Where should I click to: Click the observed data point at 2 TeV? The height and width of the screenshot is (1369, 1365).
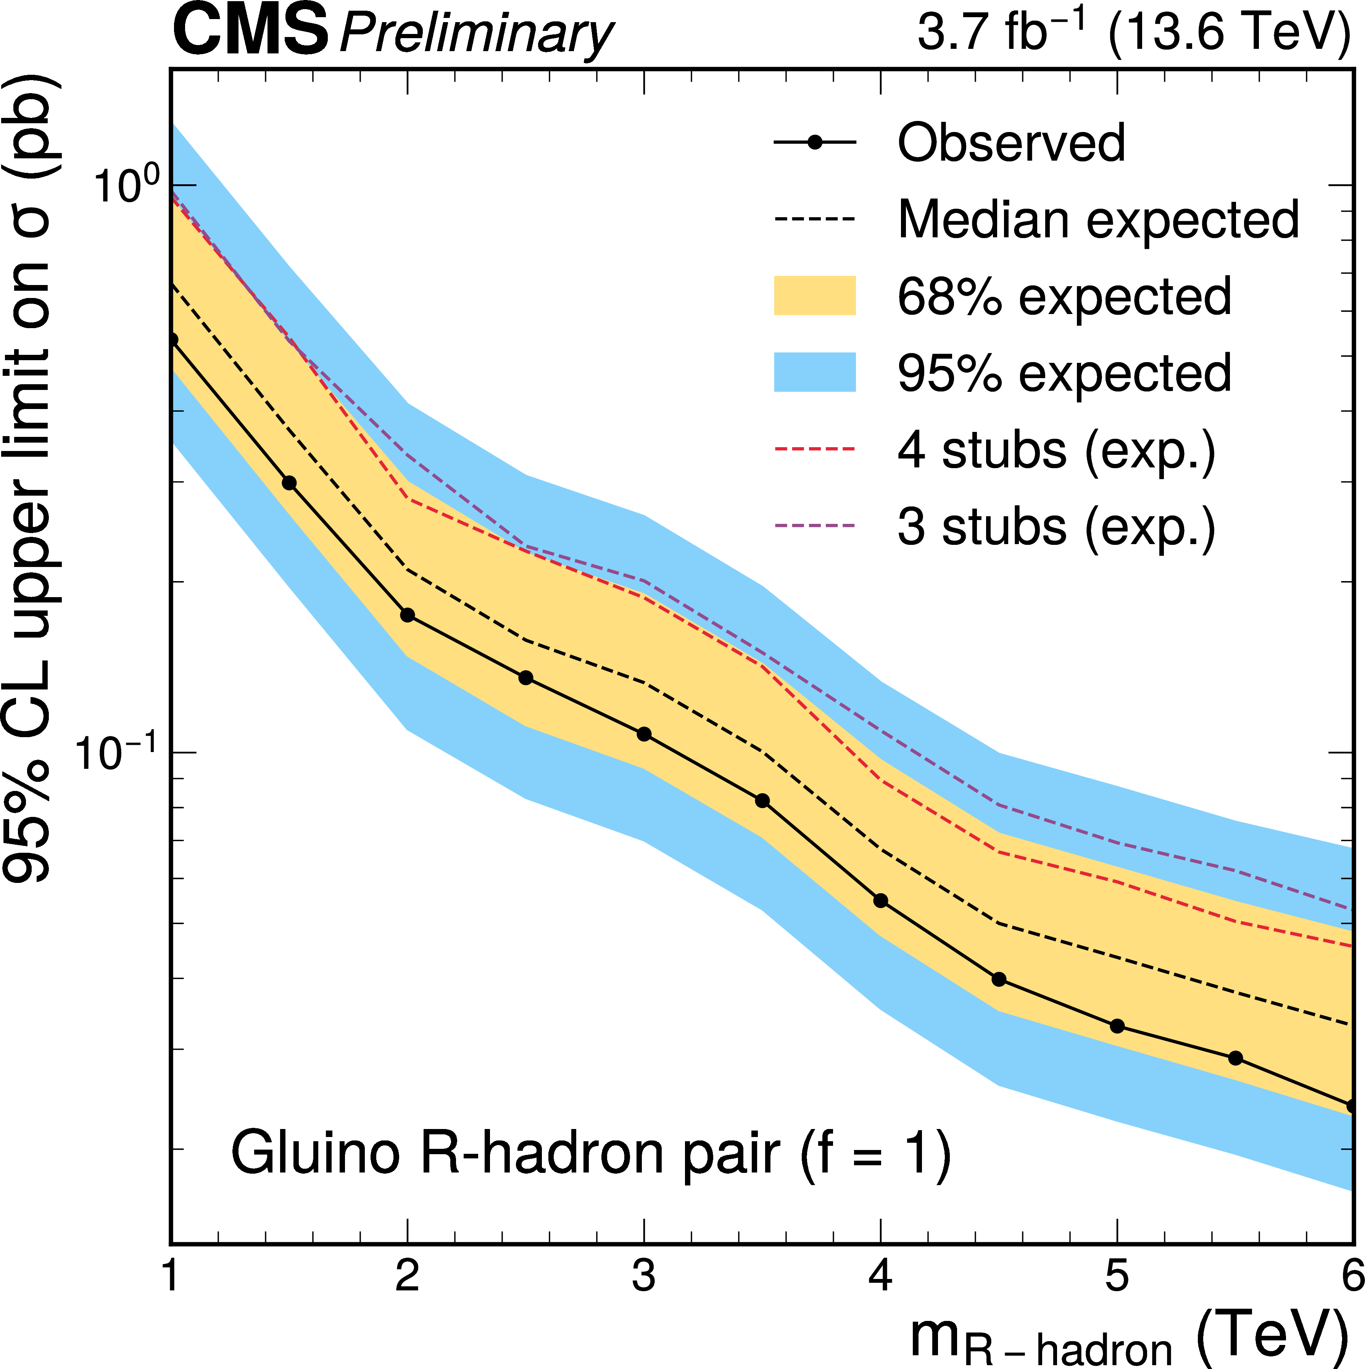(408, 615)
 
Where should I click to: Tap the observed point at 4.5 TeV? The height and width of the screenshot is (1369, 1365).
(999, 980)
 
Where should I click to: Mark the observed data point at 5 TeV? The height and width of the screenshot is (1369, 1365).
(1117, 1026)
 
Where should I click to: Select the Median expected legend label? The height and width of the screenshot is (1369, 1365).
(1098, 220)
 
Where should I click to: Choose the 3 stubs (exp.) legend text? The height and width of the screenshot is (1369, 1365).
(1056, 527)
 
